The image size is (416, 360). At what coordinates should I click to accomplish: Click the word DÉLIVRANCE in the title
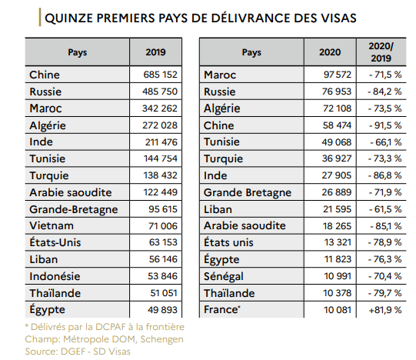pyautogui.click(x=244, y=18)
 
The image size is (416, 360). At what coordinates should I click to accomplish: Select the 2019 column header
pyautogui.click(x=155, y=52)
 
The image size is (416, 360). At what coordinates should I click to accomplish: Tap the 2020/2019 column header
pyautogui.click(x=381, y=52)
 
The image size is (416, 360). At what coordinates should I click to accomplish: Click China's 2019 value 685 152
pyautogui.click(x=160, y=75)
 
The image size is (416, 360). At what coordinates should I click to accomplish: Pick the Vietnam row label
pyautogui.click(x=52, y=225)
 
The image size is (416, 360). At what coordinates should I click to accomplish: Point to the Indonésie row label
pyautogui.click(x=55, y=276)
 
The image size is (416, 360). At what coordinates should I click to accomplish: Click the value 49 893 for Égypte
pyautogui.click(x=162, y=310)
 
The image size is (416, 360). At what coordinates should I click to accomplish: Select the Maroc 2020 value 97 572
pyautogui.click(x=338, y=75)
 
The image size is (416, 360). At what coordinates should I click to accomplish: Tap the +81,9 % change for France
pyautogui.click(x=385, y=310)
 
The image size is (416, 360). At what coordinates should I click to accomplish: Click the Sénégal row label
pyautogui.click(x=224, y=277)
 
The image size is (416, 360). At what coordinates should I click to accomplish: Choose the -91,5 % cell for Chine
pyautogui.click(x=385, y=125)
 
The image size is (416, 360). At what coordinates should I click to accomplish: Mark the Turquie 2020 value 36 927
pyautogui.click(x=337, y=158)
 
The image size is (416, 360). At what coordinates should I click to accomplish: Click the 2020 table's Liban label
pyautogui.click(x=218, y=209)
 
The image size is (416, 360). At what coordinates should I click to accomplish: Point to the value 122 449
pyautogui.click(x=160, y=192)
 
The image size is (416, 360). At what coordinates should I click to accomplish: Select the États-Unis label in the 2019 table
pyautogui.click(x=55, y=242)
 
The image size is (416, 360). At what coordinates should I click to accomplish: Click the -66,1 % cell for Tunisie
pyautogui.click(x=386, y=142)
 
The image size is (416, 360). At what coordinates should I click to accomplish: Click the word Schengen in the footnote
pyautogui.click(x=161, y=339)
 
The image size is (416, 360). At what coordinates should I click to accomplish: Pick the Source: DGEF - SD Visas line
pyautogui.click(x=78, y=352)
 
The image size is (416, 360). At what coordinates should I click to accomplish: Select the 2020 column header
pyautogui.click(x=330, y=52)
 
